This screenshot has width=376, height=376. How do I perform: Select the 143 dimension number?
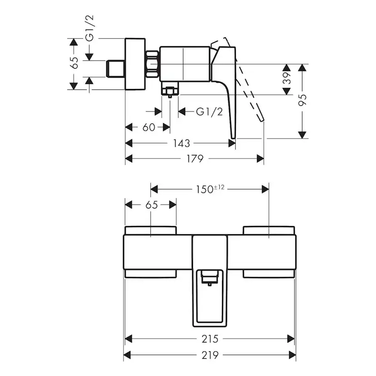[x=182, y=143]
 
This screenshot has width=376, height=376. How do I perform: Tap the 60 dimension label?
[x=149, y=127]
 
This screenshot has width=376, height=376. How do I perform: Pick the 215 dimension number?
[x=209, y=339]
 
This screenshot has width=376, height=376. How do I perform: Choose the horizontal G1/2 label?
[x=209, y=112]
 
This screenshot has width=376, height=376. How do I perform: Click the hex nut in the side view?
[x=153, y=64]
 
